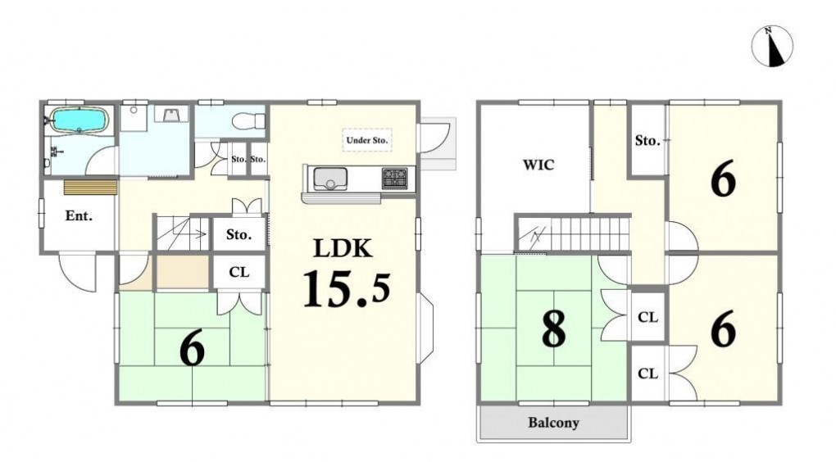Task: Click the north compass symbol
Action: click(772, 47)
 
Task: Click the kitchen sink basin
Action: click(330, 179)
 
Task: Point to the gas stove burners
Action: click(394, 178)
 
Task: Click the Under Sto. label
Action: click(367, 140)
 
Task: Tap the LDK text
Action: click(343, 247)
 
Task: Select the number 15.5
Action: click(347, 289)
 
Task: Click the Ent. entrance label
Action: click(79, 215)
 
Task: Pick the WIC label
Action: click(538, 165)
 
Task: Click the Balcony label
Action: click(553, 423)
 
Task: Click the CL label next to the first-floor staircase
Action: click(239, 272)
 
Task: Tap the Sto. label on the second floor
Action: click(647, 141)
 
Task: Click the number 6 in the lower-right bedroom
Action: click(724, 328)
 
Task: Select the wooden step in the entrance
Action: click(91, 188)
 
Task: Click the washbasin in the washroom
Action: click(171, 114)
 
